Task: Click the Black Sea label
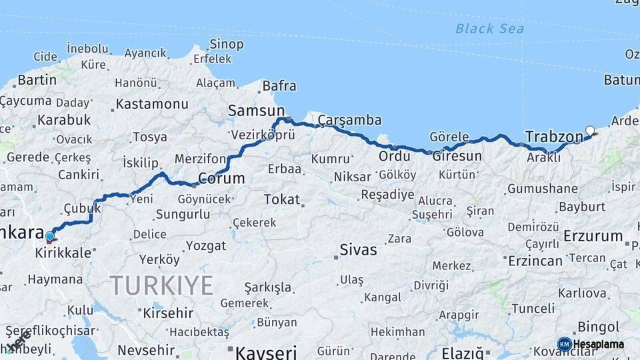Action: pos(489,29)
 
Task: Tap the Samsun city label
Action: pos(256,111)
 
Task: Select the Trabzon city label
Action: pos(554,137)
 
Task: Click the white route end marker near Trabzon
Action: pos(590,131)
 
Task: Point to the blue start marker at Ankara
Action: pos(50,236)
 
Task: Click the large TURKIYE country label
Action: pos(161,285)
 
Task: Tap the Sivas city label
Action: pos(358,251)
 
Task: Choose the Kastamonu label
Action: pos(152,104)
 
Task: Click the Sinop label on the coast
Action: pos(226,44)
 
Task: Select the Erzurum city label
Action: pos(593,236)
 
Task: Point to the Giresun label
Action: pos(457,156)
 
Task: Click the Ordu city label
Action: pos(394,156)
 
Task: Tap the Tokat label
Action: pos(281,199)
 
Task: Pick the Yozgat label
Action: pos(206,246)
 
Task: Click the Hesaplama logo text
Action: pos(599,344)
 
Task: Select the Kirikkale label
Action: pos(63,254)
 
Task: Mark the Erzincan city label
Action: pos(535,261)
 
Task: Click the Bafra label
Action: pos(279,86)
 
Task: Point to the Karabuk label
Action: pos(63,120)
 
